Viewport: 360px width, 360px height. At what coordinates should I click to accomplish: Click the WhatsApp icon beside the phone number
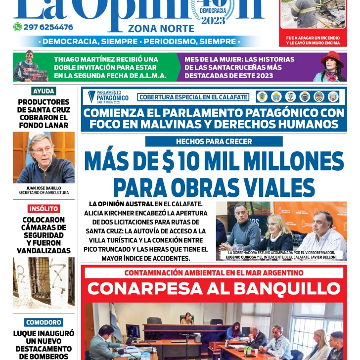tap(17, 27)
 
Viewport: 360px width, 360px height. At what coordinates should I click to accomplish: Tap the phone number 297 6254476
tap(48, 27)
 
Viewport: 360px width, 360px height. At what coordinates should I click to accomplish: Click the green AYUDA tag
tap(44, 91)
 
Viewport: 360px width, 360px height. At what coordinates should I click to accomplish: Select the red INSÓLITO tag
tap(44, 209)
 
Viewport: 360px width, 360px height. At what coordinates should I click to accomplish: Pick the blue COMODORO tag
tap(44, 322)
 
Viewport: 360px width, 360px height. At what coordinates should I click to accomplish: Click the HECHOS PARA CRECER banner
tap(214, 141)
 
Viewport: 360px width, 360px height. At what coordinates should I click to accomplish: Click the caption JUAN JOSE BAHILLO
tap(44, 188)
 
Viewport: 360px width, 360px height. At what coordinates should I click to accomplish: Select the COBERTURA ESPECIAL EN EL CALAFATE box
tap(193, 97)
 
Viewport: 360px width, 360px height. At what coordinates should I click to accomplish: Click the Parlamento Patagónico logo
tap(108, 96)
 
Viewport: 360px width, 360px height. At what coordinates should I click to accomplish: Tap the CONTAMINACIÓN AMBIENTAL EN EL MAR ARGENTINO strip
tap(214, 272)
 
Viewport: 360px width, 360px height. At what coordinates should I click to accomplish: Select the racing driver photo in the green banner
tap(30, 66)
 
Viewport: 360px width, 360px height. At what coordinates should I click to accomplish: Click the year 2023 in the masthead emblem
tap(213, 20)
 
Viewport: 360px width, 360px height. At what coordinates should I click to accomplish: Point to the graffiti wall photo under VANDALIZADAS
tap(44, 282)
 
